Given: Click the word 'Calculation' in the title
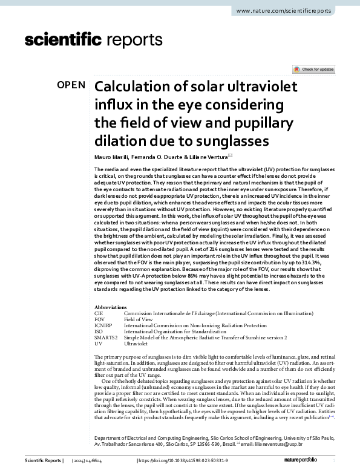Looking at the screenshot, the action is coord(137,87).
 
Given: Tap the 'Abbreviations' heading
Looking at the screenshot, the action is coord(111,307).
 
